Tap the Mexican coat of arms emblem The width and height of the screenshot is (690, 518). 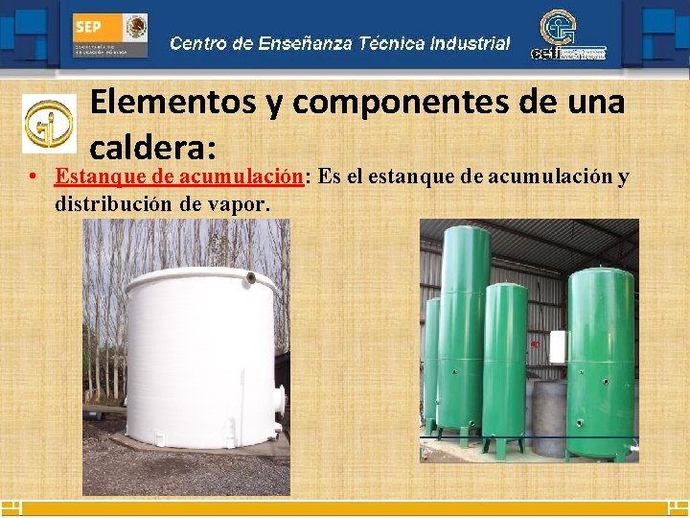[136, 27]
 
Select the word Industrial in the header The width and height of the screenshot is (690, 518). [470, 43]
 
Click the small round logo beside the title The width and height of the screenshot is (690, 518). [48, 123]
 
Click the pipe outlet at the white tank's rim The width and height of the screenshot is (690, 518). [250, 278]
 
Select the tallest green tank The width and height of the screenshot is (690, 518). [464, 326]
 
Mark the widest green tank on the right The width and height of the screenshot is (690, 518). [600, 355]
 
